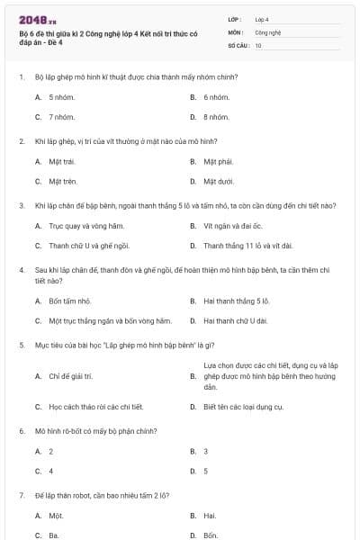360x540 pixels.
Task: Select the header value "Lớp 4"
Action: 262,18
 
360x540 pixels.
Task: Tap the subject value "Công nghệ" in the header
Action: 268,31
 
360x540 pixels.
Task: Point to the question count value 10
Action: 258,44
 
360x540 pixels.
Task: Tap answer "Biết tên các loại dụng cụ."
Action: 243,407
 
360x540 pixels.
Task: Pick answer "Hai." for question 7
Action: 210,516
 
